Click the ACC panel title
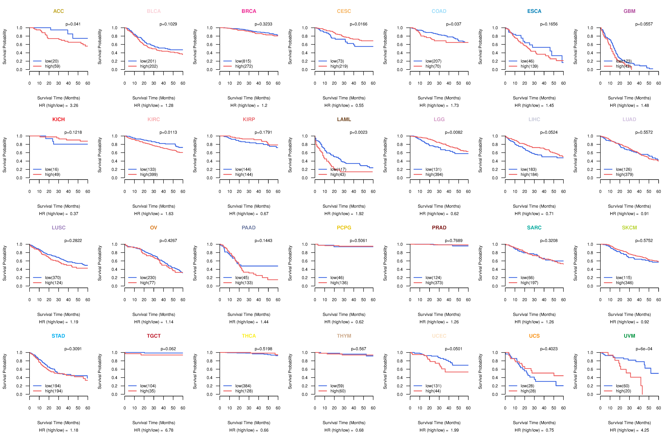[x=58, y=11]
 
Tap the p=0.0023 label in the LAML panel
[x=358, y=132]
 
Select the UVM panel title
[x=629, y=336]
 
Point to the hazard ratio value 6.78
[x=169, y=430]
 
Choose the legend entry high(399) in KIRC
[x=149, y=174]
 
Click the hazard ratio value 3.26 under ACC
[x=74, y=105]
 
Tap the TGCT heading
[x=154, y=336]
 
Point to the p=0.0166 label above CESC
[x=358, y=24]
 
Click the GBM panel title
[x=629, y=11]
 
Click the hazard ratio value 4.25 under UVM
[x=645, y=430]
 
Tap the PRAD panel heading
[x=439, y=228]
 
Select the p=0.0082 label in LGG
[x=454, y=132]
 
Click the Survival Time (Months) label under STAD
[x=58, y=423]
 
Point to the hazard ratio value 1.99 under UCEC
[x=455, y=430]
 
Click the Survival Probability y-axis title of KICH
[x=4, y=155]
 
